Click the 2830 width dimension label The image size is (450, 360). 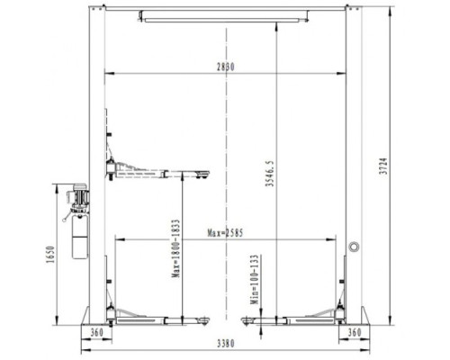tap(226, 67)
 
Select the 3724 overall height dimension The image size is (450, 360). tap(383, 166)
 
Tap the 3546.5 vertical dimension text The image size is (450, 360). tap(269, 173)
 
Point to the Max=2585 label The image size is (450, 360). tap(225, 233)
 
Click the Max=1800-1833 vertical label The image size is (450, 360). tap(175, 248)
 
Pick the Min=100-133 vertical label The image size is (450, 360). tap(255, 280)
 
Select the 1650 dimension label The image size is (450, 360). tap(50, 255)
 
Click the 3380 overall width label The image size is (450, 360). tap(226, 344)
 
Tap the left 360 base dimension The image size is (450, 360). tap(96, 332)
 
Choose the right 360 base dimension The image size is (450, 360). tap(355, 332)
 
